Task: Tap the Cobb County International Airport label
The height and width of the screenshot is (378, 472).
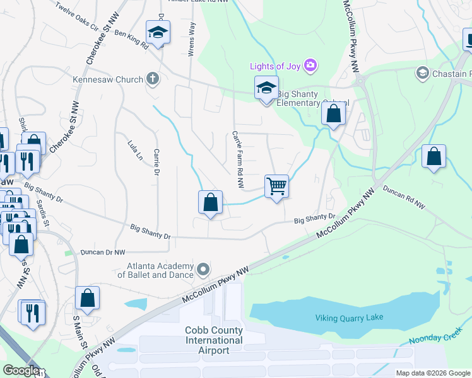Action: point(214,340)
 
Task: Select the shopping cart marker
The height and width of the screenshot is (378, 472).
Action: point(276,186)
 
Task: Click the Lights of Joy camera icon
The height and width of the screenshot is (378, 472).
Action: point(310,65)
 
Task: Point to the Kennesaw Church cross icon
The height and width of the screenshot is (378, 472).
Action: point(151,79)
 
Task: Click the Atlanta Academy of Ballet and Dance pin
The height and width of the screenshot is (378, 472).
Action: point(203,270)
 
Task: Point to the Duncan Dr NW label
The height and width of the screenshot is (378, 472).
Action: point(103,252)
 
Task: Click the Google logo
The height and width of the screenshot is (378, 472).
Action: point(21,370)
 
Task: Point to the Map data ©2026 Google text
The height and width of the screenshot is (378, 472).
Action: point(432,373)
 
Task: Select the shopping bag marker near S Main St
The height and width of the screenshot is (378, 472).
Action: point(88,299)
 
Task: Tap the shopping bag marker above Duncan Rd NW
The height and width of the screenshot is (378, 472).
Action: point(434,157)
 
